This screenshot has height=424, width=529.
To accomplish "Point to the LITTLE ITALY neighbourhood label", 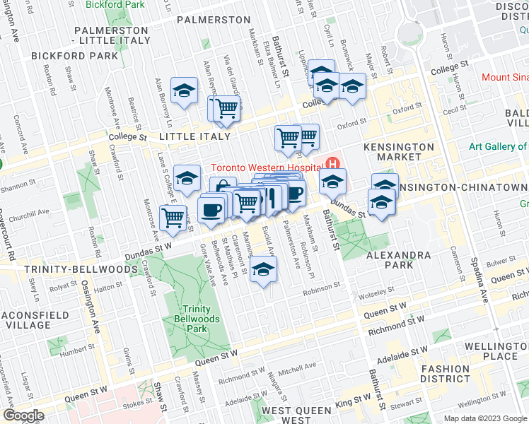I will (195, 136).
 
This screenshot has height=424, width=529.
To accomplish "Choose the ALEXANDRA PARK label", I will (389, 259).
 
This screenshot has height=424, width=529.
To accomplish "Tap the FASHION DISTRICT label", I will (445, 374).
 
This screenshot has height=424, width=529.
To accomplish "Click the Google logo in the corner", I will (24, 416).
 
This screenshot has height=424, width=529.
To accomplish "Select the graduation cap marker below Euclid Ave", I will (263, 271).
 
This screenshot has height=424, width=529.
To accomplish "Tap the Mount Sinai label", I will (504, 78).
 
